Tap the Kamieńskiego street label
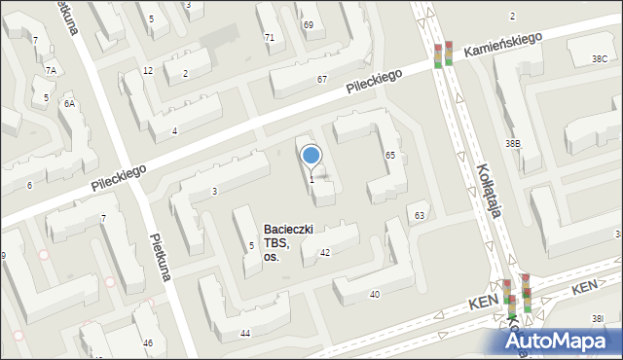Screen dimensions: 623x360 501,47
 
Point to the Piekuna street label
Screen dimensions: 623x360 161,256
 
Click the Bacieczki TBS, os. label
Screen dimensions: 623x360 287,243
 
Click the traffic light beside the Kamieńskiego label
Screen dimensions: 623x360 444,54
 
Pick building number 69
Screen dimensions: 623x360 308,24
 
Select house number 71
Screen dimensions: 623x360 270,37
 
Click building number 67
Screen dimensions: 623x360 321,79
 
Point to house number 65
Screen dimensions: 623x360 389,156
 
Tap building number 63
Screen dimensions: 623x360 420,215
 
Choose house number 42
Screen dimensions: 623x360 325,253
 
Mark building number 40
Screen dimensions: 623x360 374,294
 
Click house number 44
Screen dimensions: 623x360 245,334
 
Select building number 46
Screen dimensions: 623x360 148,343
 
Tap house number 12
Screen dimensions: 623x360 148,71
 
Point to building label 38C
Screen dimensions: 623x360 600,59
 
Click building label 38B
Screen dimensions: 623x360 512,144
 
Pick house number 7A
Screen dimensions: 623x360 51,71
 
